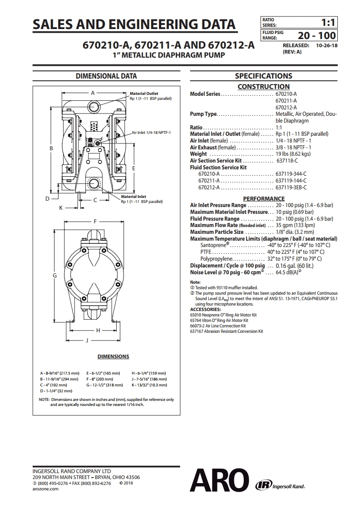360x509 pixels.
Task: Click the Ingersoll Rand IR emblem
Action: (262, 485)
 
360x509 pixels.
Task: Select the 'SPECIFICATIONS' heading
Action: (263, 76)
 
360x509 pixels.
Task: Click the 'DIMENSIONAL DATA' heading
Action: (106, 76)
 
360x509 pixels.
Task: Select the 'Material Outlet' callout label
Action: (144, 94)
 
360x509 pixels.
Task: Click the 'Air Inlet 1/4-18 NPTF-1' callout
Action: (154, 133)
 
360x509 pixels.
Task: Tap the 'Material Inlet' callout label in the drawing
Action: (133, 197)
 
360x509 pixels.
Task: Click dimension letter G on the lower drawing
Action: (55, 275)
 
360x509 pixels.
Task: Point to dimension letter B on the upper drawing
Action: (52, 148)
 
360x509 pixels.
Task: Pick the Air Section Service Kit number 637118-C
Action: (287, 161)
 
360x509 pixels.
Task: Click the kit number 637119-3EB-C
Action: (291, 187)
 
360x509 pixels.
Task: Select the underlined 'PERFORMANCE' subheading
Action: (264, 198)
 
